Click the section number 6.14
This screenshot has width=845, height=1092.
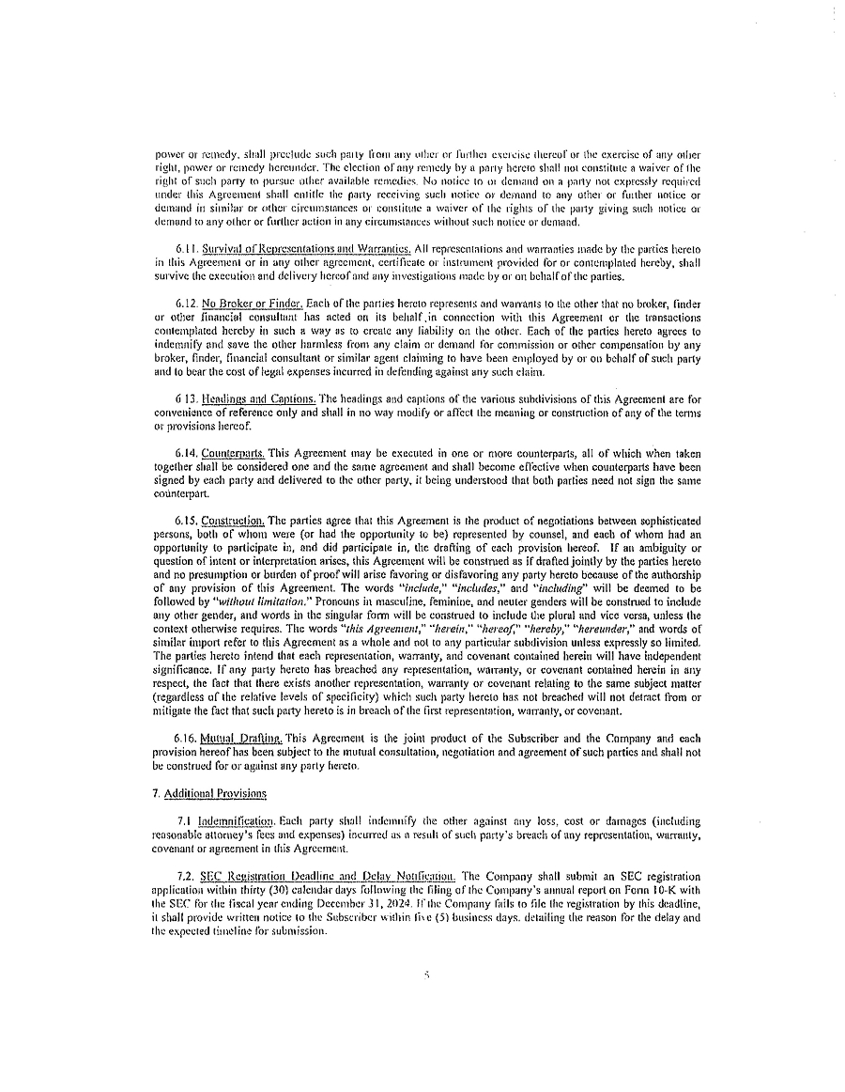[187, 453]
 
